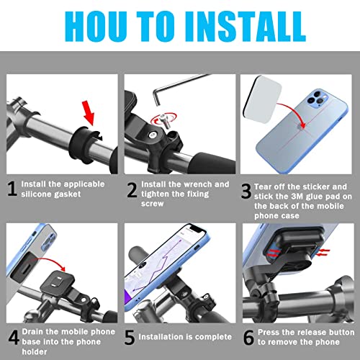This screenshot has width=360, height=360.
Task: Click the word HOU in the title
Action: pos(96,27)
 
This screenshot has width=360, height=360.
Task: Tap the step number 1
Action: pos(12,189)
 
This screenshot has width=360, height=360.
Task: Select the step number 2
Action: pos(132,190)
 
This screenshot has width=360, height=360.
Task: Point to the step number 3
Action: pos(246,192)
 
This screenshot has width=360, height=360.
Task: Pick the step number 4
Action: pos(14,337)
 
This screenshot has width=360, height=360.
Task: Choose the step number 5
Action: pos(130,338)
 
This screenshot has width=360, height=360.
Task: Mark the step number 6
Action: pos(248,338)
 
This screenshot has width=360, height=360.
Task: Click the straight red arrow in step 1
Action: pos(89,113)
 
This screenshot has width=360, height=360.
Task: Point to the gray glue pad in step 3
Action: pos(263,99)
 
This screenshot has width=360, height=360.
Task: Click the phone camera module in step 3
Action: pos(316,98)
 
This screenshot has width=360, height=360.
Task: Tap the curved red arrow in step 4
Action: pos(49,264)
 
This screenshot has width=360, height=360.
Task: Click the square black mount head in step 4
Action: pos(56,282)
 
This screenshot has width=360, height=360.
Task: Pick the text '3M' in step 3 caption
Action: pos(297,197)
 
